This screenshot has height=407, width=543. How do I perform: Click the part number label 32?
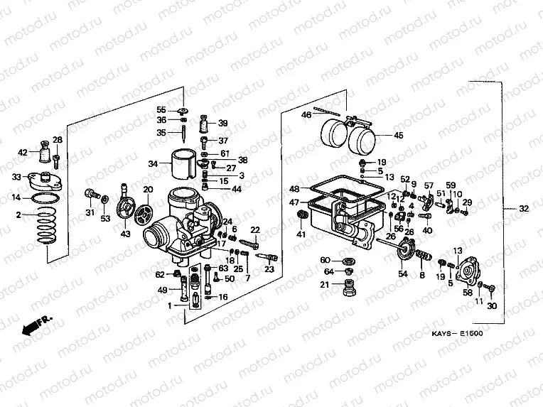pos(525,209)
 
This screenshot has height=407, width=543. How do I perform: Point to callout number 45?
pos(398,135)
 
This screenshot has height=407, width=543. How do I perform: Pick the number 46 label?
pos(306,115)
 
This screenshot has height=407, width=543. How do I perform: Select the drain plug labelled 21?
pos(349,288)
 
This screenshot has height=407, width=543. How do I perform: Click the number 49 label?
pos(162,289)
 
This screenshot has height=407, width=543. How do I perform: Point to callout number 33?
pos(16,177)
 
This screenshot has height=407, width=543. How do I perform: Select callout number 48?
pos(293,189)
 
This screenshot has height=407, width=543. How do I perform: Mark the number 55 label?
pos(161,109)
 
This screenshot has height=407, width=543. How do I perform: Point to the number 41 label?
pos(301,234)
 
